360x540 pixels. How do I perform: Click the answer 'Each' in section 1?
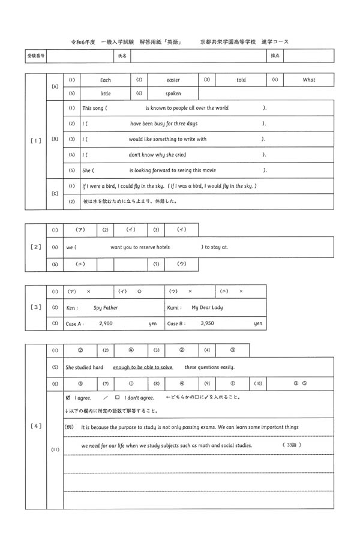(106, 80)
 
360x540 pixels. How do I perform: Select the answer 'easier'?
(173, 80)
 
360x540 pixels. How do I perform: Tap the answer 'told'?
(241, 80)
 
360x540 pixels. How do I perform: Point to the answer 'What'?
(308, 80)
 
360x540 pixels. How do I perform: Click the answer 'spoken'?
(173, 94)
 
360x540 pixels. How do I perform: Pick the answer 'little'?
(106, 94)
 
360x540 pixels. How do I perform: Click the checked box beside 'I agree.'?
(68, 397)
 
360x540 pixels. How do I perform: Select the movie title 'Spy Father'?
(106, 308)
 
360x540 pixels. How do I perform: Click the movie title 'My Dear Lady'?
(207, 308)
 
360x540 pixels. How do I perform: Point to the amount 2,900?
(106, 323)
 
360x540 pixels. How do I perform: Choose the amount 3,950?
(208, 323)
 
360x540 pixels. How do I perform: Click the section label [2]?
(35, 247)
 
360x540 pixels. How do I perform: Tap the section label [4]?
(35, 426)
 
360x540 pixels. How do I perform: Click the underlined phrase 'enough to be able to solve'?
(142, 367)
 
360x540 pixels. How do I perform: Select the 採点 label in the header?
(276, 55)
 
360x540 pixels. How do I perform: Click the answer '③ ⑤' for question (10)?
(299, 383)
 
